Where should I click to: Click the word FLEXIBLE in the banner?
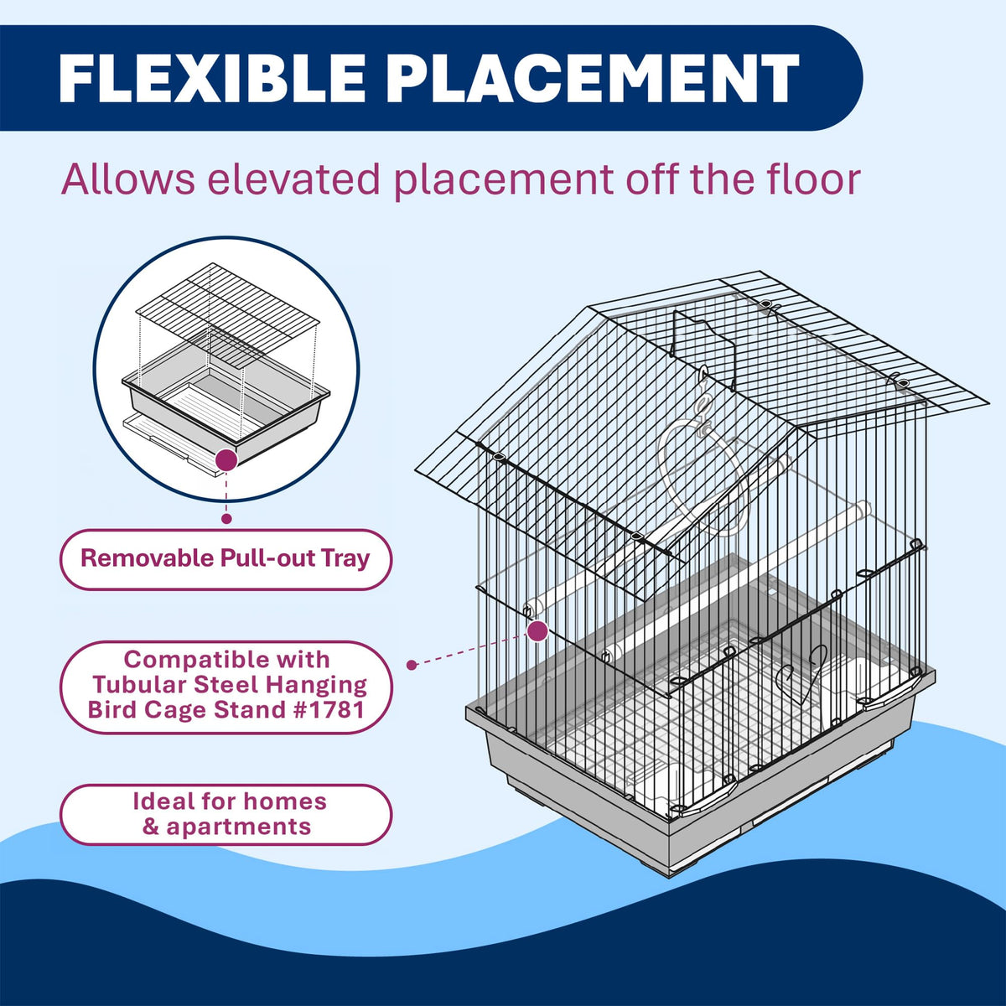tap(212, 78)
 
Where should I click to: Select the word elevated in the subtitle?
tap(293, 179)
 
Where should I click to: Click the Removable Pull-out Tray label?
tap(226, 559)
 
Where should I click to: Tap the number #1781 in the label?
tap(317, 709)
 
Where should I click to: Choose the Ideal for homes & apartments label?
tap(226, 814)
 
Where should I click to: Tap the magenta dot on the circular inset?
tap(226, 460)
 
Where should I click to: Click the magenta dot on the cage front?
tap(537, 630)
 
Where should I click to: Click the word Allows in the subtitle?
tap(128, 179)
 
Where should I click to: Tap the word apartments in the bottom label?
tap(239, 827)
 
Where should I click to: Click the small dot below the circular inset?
tap(226, 518)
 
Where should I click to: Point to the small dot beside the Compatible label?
tap(412, 665)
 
